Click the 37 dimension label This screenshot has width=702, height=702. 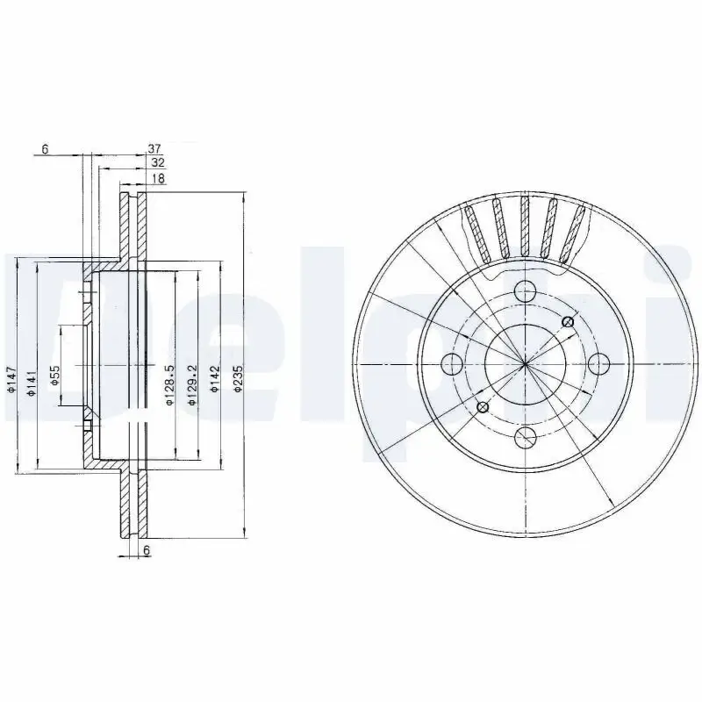pyautogui.click(x=154, y=149)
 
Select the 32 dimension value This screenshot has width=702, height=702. pyautogui.click(x=158, y=163)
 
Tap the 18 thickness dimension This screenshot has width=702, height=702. pyautogui.click(x=158, y=178)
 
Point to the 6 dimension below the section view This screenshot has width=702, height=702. pyautogui.click(x=146, y=549)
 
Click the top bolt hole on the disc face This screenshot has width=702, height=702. pyautogui.click(x=525, y=290)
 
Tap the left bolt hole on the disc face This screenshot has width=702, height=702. pyautogui.click(x=452, y=363)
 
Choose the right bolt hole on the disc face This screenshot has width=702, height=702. pyautogui.click(x=598, y=363)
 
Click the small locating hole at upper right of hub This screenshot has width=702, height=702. pyautogui.click(x=567, y=322)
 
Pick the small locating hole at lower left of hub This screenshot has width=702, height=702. pyautogui.click(x=482, y=405)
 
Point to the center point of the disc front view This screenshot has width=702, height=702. pyautogui.click(x=525, y=363)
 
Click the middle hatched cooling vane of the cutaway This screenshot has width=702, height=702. pyautogui.click(x=525, y=226)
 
